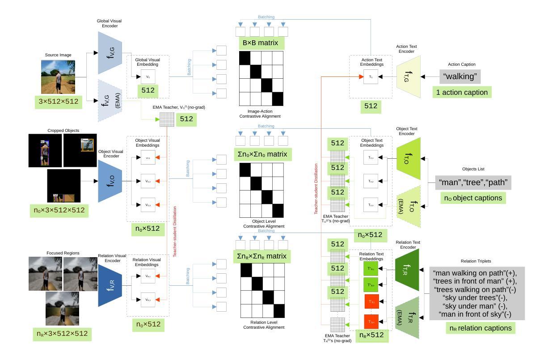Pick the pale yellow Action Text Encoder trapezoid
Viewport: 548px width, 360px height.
[409, 76]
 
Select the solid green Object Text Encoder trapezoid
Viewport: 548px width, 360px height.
[409, 158]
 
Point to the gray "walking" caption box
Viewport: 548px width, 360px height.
[460, 76]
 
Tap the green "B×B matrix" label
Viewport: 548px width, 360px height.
[261, 43]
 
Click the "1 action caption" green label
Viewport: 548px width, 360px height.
[461, 93]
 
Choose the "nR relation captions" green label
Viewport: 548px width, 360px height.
[481, 328]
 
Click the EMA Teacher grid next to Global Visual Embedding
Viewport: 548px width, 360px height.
[166, 119]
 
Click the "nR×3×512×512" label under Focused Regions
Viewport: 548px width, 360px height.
[62, 334]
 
